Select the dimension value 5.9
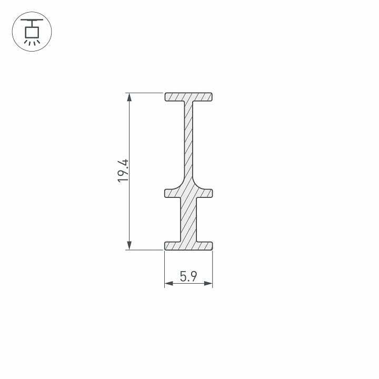(188, 276)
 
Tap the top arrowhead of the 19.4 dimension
(128, 97)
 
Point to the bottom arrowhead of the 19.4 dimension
(128, 245)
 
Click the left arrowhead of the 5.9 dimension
(168, 284)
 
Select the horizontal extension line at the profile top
(145, 93)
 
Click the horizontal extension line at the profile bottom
(145, 250)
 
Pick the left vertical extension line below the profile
(165, 268)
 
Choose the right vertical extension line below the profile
(212, 268)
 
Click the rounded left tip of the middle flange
(167, 193)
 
